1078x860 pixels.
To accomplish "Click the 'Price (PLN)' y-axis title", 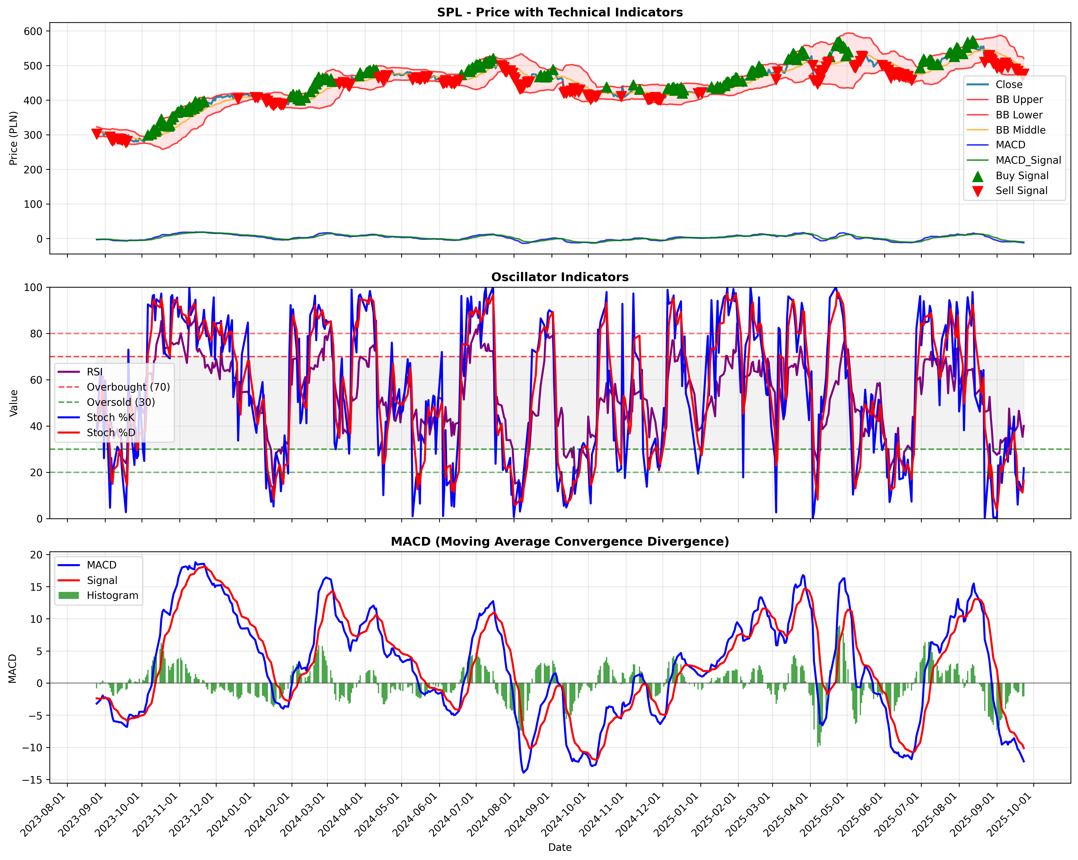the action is click(x=14, y=138).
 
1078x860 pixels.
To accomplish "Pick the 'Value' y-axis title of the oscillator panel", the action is click(x=14, y=403).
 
